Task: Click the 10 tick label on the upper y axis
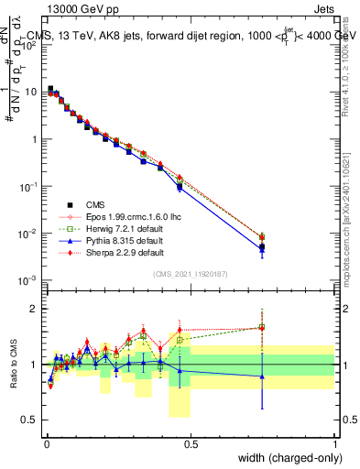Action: tap(31, 93)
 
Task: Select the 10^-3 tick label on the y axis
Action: tap(29, 280)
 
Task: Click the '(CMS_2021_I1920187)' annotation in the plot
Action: tap(191, 274)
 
